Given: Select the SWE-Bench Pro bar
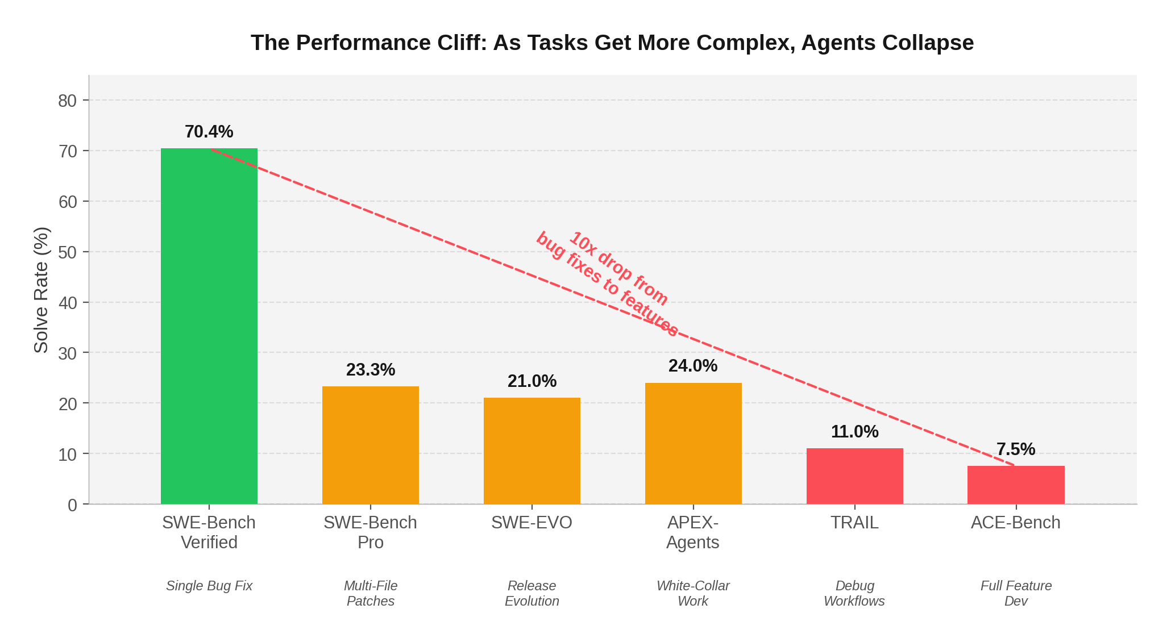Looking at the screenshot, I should point(370,446).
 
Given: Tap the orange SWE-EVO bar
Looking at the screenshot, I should point(531,452).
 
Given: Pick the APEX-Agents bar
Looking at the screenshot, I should point(693,444).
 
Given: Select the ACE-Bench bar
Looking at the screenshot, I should point(1016,485).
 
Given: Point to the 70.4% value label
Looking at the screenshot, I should point(209,132).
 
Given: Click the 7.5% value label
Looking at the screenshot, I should point(1016,449).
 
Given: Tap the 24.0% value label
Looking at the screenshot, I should point(693,366).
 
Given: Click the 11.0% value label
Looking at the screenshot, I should point(854,432).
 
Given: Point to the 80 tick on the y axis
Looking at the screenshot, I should point(67,101).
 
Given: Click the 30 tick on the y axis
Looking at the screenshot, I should point(67,353).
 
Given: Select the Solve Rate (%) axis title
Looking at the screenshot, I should point(41,290).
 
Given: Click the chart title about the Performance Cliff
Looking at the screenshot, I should point(612,43).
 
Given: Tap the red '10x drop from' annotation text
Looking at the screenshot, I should point(618,269).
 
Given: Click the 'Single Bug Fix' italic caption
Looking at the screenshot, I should point(209,586).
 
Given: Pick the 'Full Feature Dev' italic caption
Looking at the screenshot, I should point(1016,593).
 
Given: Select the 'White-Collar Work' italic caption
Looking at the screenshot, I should point(693,593).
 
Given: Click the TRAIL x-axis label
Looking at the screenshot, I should point(854,523).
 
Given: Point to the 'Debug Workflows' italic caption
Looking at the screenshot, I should point(854,593).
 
